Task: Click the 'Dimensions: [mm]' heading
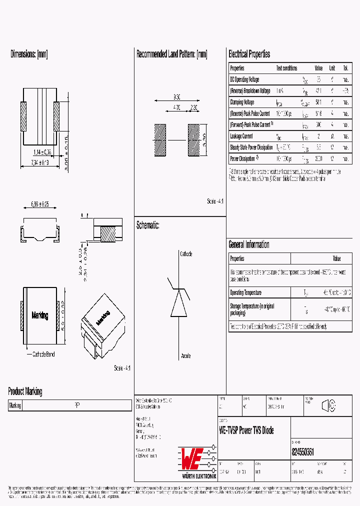pyautogui.click(x=29, y=54)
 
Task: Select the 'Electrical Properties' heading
pyautogui.click(x=249, y=54)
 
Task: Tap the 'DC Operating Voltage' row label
pyautogui.click(x=244, y=79)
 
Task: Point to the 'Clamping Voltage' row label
pyautogui.click(x=242, y=102)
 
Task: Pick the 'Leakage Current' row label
pyautogui.click(x=241, y=136)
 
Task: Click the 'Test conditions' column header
pyautogui.click(x=286, y=68)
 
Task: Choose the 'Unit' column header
pyautogui.click(x=332, y=68)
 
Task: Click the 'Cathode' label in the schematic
pyautogui.click(x=185, y=254)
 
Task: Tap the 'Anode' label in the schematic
pyautogui.click(x=185, y=356)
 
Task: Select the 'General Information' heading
pyautogui.click(x=248, y=244)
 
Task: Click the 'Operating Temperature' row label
pyautogui.click(x=245, y=292)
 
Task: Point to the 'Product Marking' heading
pyautogui.click(x=25, y=391)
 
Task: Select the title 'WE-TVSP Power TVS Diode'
pyautogui.click(x=246, y=430)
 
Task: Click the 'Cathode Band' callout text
pyautogui.click(x=43, y=354)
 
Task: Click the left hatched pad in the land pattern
pyautogui.click(x=159, y=140)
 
